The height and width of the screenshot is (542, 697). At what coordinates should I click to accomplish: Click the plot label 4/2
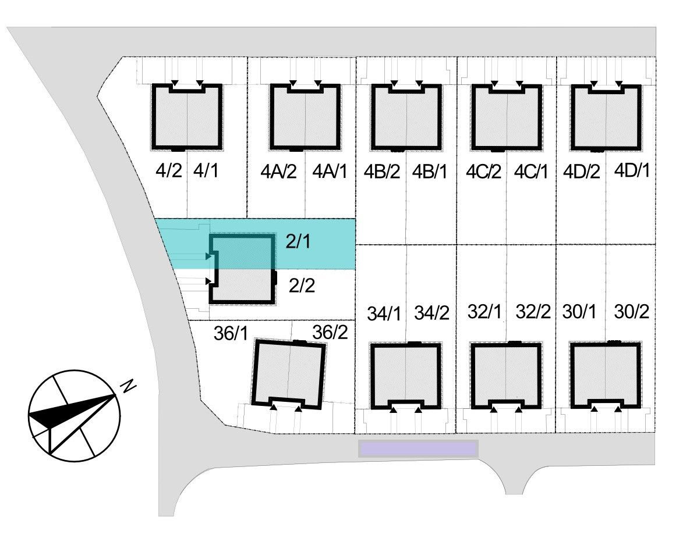tap(169, 170)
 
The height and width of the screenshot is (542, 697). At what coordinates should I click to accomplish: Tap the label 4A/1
tap(330, 171)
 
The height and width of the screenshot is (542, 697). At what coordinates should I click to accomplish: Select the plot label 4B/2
tap(382, 172)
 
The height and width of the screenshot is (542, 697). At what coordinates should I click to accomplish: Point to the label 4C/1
tap(531, 172)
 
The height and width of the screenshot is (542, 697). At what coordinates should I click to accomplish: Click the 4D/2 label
tap(582, 172)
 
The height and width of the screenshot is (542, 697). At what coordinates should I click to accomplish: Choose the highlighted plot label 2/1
tap(298, 241)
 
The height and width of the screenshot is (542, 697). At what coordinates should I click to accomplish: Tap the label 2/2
tap(302, 285)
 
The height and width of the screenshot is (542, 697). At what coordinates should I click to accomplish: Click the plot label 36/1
tap(231, 333)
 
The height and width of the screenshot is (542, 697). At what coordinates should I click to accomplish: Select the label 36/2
tap(330, 331)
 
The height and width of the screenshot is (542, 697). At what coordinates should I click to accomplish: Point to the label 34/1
tap(384, 314)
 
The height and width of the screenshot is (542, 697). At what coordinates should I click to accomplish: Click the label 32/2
tap(533, 312)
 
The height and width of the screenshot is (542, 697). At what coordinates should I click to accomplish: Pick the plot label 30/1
tap(579, 312)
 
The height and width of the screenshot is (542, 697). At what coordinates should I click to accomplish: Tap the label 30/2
tap(632, 312)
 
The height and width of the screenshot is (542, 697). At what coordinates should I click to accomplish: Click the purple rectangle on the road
tap(418, 449)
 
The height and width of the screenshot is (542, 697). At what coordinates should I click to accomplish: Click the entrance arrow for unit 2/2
tap(208, 281)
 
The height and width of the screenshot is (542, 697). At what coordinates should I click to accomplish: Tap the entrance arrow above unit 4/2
tap(175, 83)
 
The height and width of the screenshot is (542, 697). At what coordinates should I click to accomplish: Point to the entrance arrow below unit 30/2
tap(618, 409)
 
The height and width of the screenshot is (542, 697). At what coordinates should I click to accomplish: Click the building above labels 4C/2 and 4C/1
tap(507, 117)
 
